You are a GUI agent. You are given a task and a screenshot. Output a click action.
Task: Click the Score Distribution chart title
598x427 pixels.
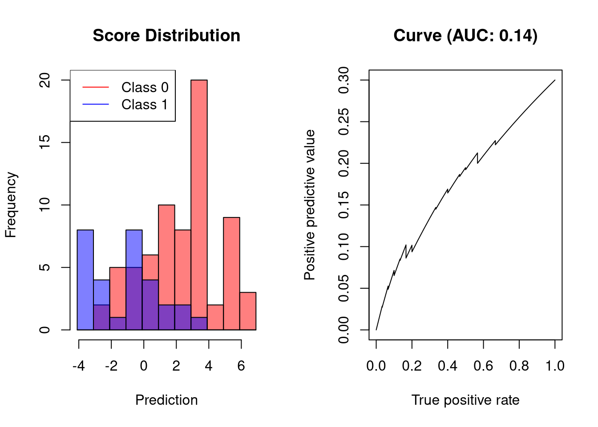(x=166, y=36)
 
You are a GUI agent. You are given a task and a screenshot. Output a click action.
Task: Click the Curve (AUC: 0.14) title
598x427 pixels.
(x=465, y=36)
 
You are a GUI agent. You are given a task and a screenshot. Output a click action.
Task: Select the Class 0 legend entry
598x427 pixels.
(x=145, y=87)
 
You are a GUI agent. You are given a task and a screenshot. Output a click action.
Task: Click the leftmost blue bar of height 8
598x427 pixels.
(x=85, y=280)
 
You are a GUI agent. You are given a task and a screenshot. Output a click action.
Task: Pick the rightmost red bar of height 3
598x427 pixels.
(x=248, y=311)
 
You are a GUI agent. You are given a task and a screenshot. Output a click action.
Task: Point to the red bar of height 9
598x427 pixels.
(x=231, y=274)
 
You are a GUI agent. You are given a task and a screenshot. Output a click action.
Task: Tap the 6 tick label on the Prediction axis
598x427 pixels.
(x=241, y=366)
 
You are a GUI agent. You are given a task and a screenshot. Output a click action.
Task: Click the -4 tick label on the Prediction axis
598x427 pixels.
(x=79, y=366)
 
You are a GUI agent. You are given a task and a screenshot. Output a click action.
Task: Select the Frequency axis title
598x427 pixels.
(x=11, y=205)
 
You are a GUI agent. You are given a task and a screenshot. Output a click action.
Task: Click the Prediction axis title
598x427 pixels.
(x=166, y=400)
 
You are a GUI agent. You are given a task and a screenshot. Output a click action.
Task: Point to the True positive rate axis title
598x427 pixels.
(x=465, y=400)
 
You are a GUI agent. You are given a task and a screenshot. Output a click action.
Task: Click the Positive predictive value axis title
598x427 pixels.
(x=310, y=205)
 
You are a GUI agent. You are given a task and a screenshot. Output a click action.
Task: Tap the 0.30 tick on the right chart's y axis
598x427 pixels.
(x=344, y=80)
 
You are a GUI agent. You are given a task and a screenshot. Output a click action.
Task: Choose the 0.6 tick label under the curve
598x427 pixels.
(x=483, y=366)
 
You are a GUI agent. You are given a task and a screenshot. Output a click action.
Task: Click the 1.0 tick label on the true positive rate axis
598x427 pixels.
(x=555, y=366)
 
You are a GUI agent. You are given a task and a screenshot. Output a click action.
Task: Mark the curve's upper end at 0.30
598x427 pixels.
(x=555, y=80)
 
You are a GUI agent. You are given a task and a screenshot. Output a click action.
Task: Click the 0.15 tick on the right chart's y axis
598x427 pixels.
(x=344, y=205)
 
